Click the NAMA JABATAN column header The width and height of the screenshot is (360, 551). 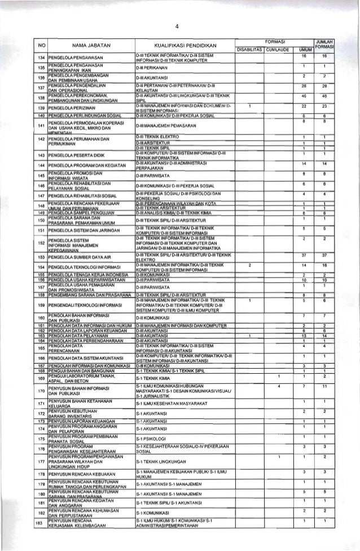90,44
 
